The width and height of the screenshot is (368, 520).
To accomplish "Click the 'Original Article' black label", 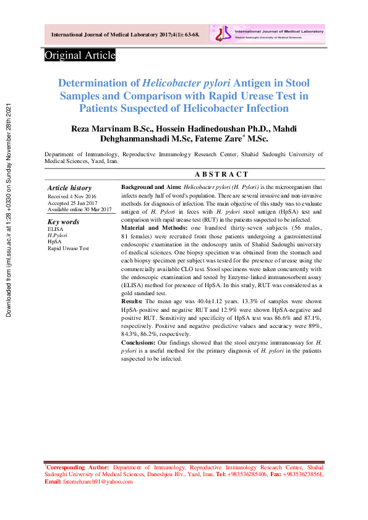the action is [80, 56].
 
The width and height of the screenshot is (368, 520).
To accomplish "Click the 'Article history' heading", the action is [69, 188].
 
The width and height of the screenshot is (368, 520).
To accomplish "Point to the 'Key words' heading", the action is [64, 222].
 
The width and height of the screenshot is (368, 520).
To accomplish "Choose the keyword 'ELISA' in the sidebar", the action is [55, 229].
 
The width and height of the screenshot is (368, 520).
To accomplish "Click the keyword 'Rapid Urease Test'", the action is [68, 248].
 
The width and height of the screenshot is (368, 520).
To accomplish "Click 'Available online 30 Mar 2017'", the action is [79, 209].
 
